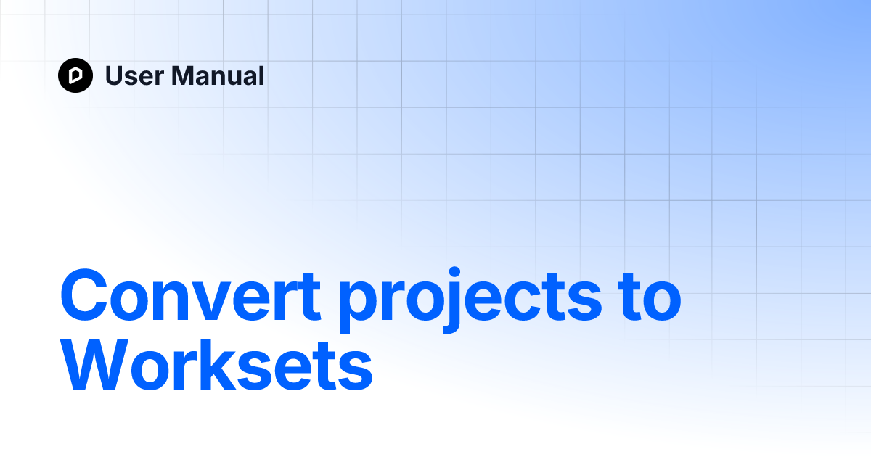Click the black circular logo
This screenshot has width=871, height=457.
pyautogui.click(x=75, y=75)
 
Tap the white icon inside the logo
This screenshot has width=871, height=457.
pyautogui.click(x=75, y=75)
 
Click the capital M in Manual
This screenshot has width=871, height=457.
pyautogui.click(x=182, y=75)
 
